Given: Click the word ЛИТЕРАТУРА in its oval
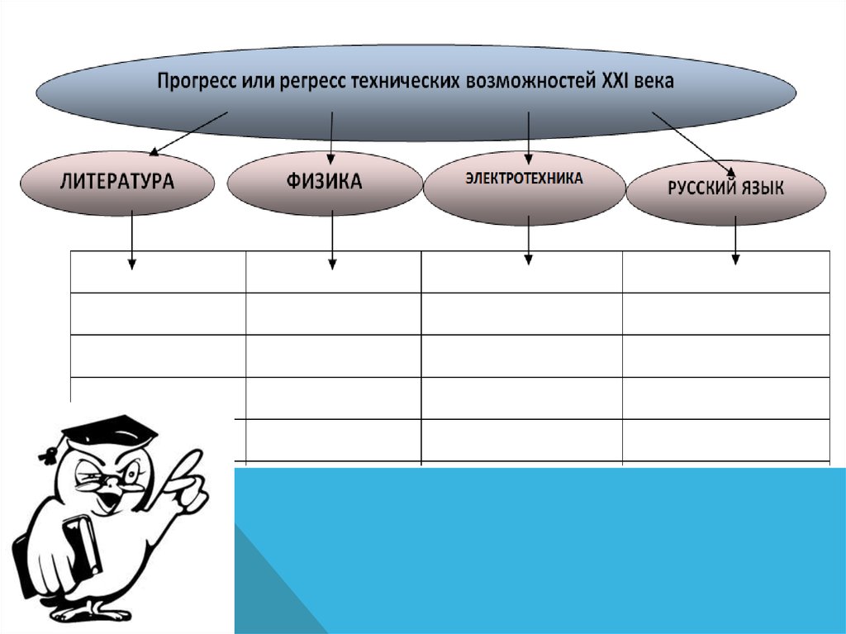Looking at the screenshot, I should pos(116,181).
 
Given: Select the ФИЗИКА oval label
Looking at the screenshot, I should pos(324,181).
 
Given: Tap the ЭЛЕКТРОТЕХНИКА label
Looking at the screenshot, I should pos(524,178).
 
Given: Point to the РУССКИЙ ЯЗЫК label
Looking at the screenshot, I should pos(725,188).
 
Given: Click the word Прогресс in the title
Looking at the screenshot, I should pos(191,81).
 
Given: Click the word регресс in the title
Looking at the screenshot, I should pos(308,81).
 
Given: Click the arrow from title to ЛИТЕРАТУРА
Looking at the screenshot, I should pos(189,133).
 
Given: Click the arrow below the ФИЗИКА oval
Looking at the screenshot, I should pos(332,240).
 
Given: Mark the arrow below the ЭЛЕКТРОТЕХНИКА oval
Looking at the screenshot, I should pos(529,240).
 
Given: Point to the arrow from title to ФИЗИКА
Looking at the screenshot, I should pos(331,136).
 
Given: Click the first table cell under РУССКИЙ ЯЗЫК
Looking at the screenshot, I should pos(725,272).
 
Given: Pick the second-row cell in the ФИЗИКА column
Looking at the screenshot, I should pos(333,313).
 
